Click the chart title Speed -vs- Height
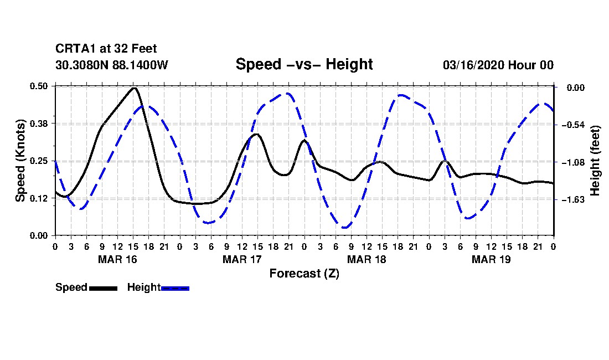click(x=304, y=64)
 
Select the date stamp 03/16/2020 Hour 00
click(x=498, y=65)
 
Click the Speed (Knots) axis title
click(x=20, y=161)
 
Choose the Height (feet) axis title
click(x=595, y=161)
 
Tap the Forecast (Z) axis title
click(x=304, y=273)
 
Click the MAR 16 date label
click(x=117, y=259)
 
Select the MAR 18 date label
click(x=367, y=259)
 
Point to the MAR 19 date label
click(x=491, y=259)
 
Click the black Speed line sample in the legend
click(x=103, y=288)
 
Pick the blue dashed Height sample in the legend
click(x=175, y=288)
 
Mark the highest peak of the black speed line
click(x=133, y=88)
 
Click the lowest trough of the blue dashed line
click(x=345, y=227)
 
